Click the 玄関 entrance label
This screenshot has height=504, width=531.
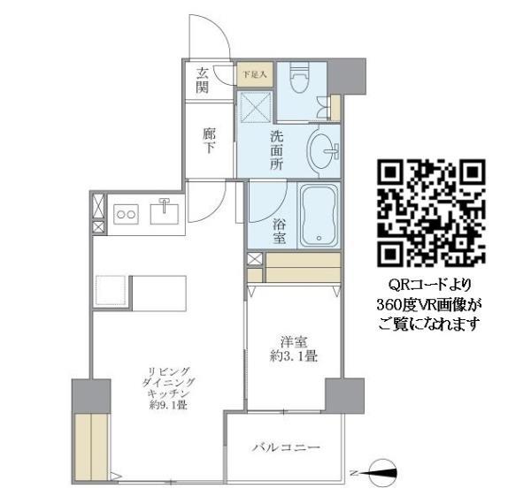click(x=204, y=80)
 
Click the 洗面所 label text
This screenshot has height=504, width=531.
click(x=276, y=151)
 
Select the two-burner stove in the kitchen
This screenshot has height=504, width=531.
click(x=127, y=213)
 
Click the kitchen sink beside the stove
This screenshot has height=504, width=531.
click(x=165, y=212)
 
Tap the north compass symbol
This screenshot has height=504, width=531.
click(x=380, y=473)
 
